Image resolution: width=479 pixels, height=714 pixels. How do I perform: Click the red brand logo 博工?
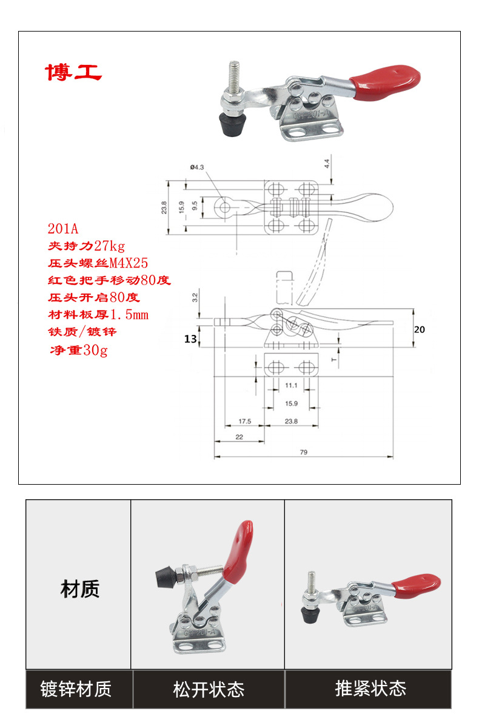click(x=73, y=72)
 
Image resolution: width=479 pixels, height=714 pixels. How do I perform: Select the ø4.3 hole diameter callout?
click(x=197, y=168)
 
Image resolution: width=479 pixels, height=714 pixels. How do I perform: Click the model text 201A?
click(x=63, y=229)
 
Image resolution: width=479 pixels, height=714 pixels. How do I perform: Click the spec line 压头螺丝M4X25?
click(x=98, y=263)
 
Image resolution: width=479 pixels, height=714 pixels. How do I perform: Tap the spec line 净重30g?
click(x=78, y=350)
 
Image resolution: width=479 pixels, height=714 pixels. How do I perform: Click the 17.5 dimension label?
click(x=244, y=420)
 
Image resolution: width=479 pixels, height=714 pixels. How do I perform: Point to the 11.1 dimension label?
click(x=290, y=385)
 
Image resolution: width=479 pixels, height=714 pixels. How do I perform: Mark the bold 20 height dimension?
click(x=420, y=330)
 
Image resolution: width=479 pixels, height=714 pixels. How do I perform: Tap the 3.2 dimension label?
click(x=195, y=298)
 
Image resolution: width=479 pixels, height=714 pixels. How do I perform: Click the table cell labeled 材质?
click(x=79, y=588)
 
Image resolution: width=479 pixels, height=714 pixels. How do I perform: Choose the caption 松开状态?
click(x=209, y=689)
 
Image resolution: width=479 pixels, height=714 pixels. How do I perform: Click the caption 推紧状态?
click(x=370, y=689)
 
